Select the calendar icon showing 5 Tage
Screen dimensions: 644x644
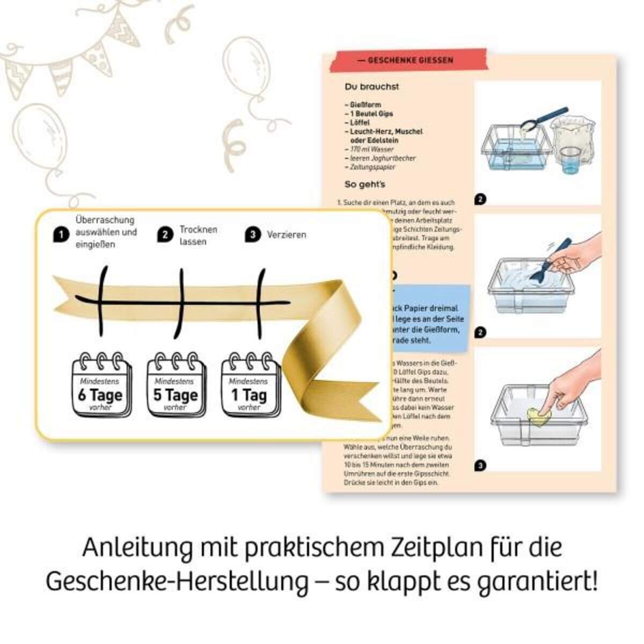pos(176,385)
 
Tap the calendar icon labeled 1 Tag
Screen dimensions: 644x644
pos(250,385)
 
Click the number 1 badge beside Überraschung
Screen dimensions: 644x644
pos(61,235)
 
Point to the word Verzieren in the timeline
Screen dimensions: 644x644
pos(287,235)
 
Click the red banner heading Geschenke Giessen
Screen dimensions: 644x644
pos(410,61)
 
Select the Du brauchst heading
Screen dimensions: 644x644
pos(372,86)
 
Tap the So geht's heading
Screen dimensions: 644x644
pos(365,185)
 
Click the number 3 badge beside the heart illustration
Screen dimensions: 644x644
pos(480,465)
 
